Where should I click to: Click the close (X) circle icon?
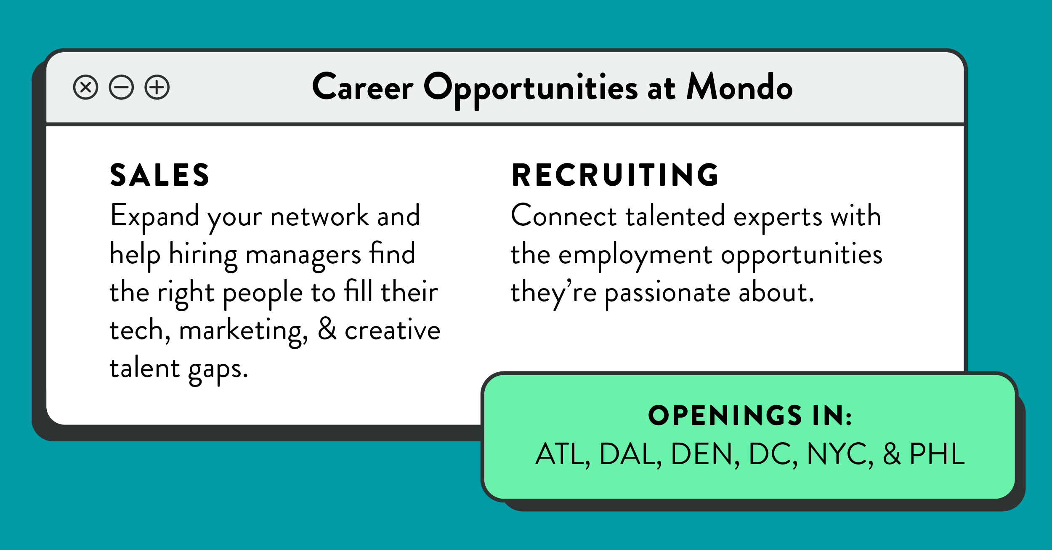pyautogui.click(x=85, y=88)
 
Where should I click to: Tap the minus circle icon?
pyautogui.click(x=121, y=88)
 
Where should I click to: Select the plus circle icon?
pyautogui.click(x=157, y=88)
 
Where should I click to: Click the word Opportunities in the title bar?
pyautogui.click(x=531, y=90)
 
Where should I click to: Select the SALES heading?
pyautogui.click(x=159, y=175)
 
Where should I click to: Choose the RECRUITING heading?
pyautogui.click(x=615, y=175)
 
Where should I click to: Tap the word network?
pyautogui.click(x=319, y=215)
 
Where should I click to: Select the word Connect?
pyautogui.click(x=563, y=215)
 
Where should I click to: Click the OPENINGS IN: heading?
pyautogui.click(x=750, y=416)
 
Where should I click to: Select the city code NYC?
pyautogui.click(x=839, y=454)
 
